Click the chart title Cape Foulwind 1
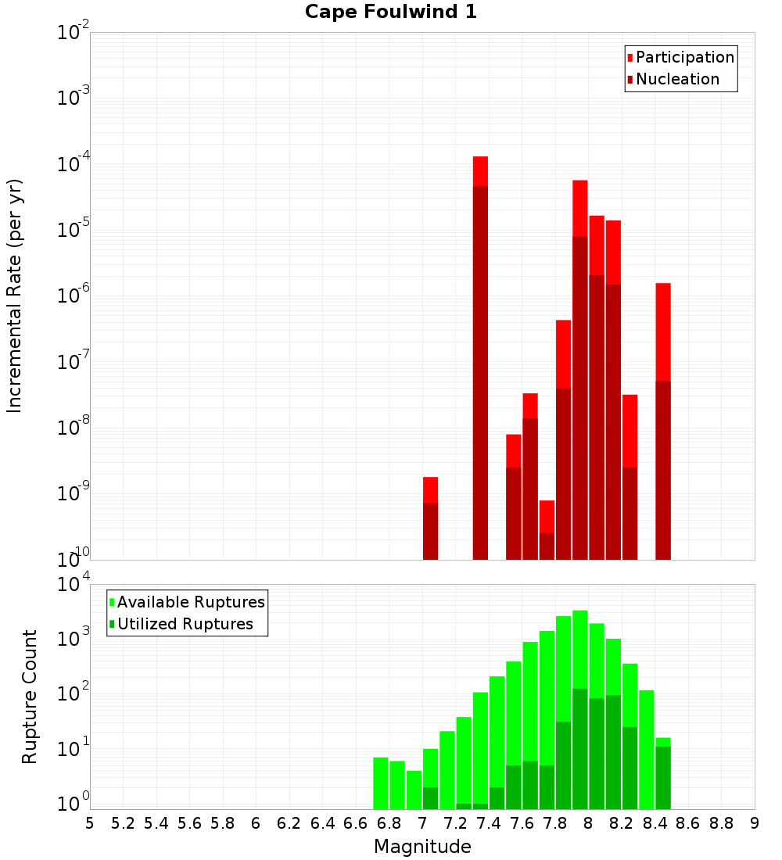coord(391,12)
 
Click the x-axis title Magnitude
coord(422,847)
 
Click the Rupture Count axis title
coord(30,696)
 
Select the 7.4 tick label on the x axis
coord(489,823)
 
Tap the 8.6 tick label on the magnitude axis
coord(688,823)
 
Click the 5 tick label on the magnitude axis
coord(90,823)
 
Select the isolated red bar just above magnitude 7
coord(430,516)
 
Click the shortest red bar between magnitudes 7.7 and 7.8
coord(547,528)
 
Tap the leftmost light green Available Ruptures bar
coord(381,782)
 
